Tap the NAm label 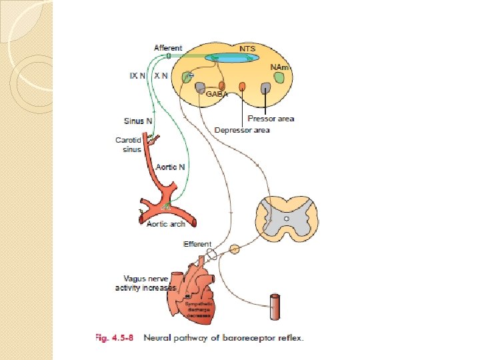(279, 67)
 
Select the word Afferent (168, 48)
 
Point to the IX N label (138, 76)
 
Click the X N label (161, 76)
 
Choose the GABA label (216, 95)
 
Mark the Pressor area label (271, 119)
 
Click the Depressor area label (241, 130)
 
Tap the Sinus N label (139, 121)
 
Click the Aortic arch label (166, 224)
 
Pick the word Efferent (197, 245)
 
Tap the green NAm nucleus (279, 79)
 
